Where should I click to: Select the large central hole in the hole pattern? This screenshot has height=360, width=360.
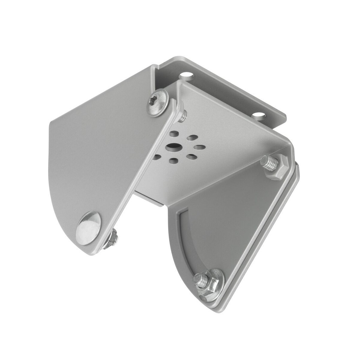coord(173,147)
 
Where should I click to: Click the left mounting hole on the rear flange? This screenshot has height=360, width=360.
coord(186,75)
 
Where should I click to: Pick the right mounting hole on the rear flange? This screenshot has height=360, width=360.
coord(259,115)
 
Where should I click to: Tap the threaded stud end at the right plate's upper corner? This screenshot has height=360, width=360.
coord(269,163)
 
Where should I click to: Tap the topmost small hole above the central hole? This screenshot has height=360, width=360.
coord(174,134)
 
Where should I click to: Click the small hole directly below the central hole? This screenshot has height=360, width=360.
coord(173,161)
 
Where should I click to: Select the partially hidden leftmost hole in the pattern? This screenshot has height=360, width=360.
coord(157,157)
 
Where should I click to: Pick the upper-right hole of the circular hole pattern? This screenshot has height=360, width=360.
coord(192,138)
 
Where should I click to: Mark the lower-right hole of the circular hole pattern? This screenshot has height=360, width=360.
coord(192,157)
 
